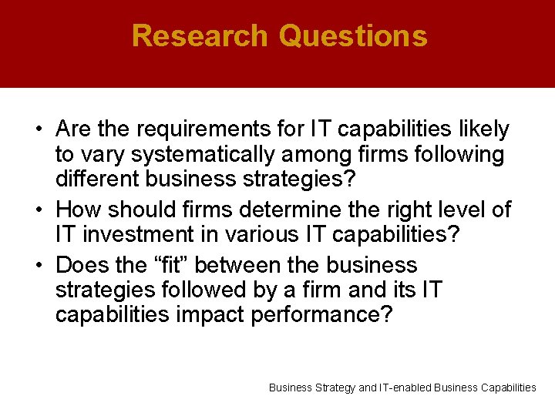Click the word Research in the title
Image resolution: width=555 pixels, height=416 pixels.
pos(200,36)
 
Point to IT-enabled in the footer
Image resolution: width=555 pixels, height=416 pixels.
pos(406,387)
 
